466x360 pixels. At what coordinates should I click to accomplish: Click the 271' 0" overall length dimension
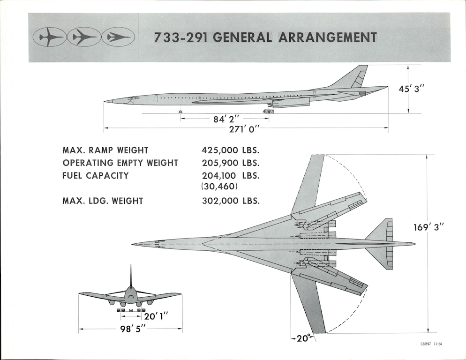coord(244,129)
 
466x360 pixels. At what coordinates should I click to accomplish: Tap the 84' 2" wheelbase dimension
coord(227,120)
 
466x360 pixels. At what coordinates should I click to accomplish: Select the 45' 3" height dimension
coord(411,88)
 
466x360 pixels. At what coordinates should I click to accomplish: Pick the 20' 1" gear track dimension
coord(156,317)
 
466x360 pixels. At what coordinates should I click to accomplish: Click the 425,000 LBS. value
coord(230,150)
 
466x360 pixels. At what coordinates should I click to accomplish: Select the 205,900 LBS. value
coord(230,163)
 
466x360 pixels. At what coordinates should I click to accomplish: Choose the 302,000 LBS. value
coord(230,201)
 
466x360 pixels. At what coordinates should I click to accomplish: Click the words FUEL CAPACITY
coord(96,176)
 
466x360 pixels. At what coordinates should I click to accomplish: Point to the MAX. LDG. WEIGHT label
coord(103,201)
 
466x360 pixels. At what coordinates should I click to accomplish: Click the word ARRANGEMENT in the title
coord(328,37)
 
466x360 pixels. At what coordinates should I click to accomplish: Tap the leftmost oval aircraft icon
coord(49,37)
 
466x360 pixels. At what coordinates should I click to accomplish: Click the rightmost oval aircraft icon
coord(118,37)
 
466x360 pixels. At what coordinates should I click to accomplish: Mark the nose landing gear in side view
coord(180,112)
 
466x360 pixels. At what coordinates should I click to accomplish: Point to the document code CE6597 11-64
coord(431,344)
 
